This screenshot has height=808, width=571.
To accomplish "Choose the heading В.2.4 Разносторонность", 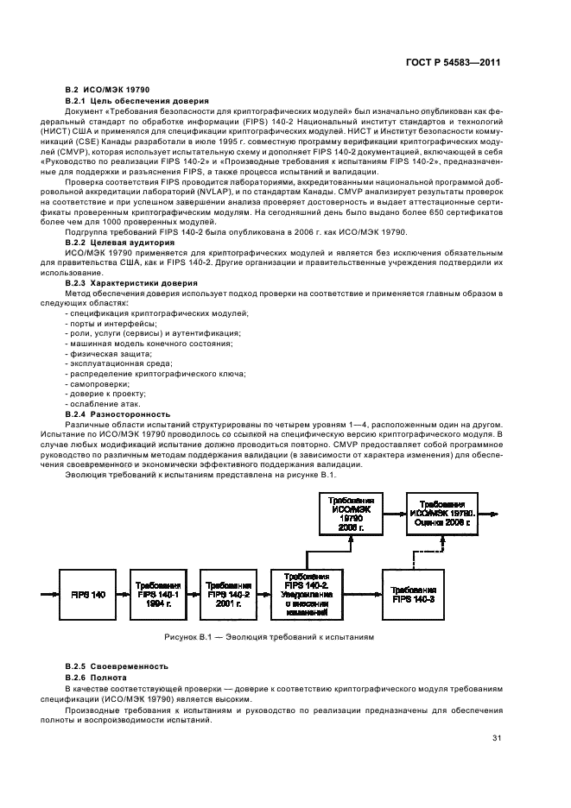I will (x=117, y=413).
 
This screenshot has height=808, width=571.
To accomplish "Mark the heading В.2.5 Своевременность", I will (x=117, y=666).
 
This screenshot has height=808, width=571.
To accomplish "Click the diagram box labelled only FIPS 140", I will (x=86, y=595).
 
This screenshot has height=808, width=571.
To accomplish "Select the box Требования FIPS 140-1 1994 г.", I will (x=156, y=595).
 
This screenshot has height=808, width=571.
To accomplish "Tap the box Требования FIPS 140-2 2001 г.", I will (x=228, y=595).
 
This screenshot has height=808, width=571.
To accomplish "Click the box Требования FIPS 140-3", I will (x=409, y=595).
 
